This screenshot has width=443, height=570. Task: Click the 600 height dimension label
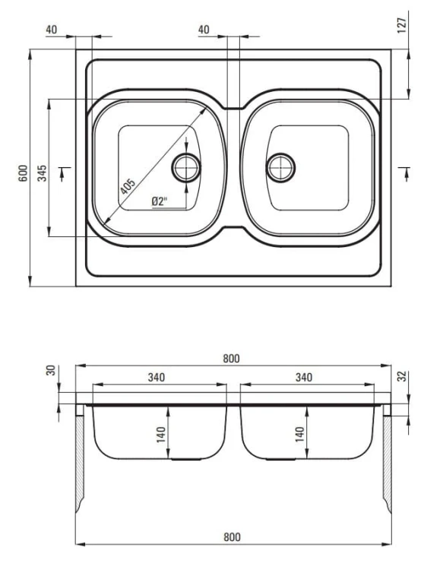click(x=23, y=173)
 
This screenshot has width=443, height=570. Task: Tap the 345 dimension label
click(x=42, y=173)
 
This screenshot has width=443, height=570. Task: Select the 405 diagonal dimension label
click(x=128, y=186)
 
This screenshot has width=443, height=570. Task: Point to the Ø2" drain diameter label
click(x=159, y=201)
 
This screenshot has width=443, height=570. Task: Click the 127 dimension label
click(x=401, y=25)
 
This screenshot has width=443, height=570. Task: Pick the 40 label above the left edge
click(x=52, y=30)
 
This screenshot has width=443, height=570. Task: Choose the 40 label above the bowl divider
click(x=204, y=30)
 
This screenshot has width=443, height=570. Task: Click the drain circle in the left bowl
click(x=186, y=168)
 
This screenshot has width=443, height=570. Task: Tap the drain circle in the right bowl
click(x=280, y=168)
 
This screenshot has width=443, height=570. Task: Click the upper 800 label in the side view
click(x=232, y=359)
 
